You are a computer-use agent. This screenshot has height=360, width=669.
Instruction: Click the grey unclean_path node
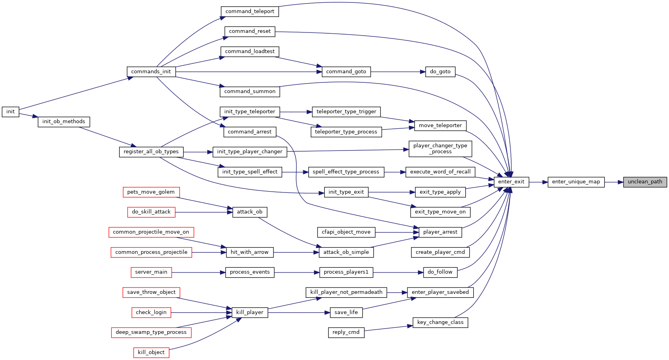(x=645, y=182)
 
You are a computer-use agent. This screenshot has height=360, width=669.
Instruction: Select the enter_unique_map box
(x=576, y=182)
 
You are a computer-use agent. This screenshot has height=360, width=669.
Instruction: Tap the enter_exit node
(x=511, y=182)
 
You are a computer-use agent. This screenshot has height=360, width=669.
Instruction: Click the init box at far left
(x=10, y=112)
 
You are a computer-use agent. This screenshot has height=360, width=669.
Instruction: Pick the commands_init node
(x=151, y=72)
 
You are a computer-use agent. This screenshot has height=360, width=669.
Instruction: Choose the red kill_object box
(x=151, y=352)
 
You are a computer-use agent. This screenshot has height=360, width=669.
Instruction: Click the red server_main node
(x=151, y=272)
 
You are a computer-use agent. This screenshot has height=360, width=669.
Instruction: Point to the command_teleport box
(x=250, y=11)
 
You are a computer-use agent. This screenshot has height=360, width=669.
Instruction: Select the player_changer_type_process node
(x=440, y=149)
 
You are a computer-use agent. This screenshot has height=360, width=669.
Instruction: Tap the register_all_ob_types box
(x=151, y=152)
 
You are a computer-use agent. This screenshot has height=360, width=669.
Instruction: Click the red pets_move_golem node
(x=151, y=192)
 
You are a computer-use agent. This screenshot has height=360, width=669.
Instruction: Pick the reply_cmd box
(x=346, y=333)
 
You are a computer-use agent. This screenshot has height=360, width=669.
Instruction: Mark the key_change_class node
(x=440, y=322)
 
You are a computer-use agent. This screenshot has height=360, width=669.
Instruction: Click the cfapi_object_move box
(x=346, y=232)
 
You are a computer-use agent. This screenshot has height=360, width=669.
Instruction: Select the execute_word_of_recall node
(x=440, y=172)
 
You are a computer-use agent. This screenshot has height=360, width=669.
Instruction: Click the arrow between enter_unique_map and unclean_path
(x=614, y=182)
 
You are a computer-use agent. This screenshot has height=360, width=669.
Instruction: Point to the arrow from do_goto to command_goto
(x=398, y=72)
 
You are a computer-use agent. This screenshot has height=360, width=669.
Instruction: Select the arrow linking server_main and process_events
(x=199, y=272)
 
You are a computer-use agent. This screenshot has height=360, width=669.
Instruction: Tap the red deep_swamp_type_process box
(x=151, y=333)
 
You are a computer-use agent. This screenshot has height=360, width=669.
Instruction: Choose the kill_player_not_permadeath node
(x=346, y=292)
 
